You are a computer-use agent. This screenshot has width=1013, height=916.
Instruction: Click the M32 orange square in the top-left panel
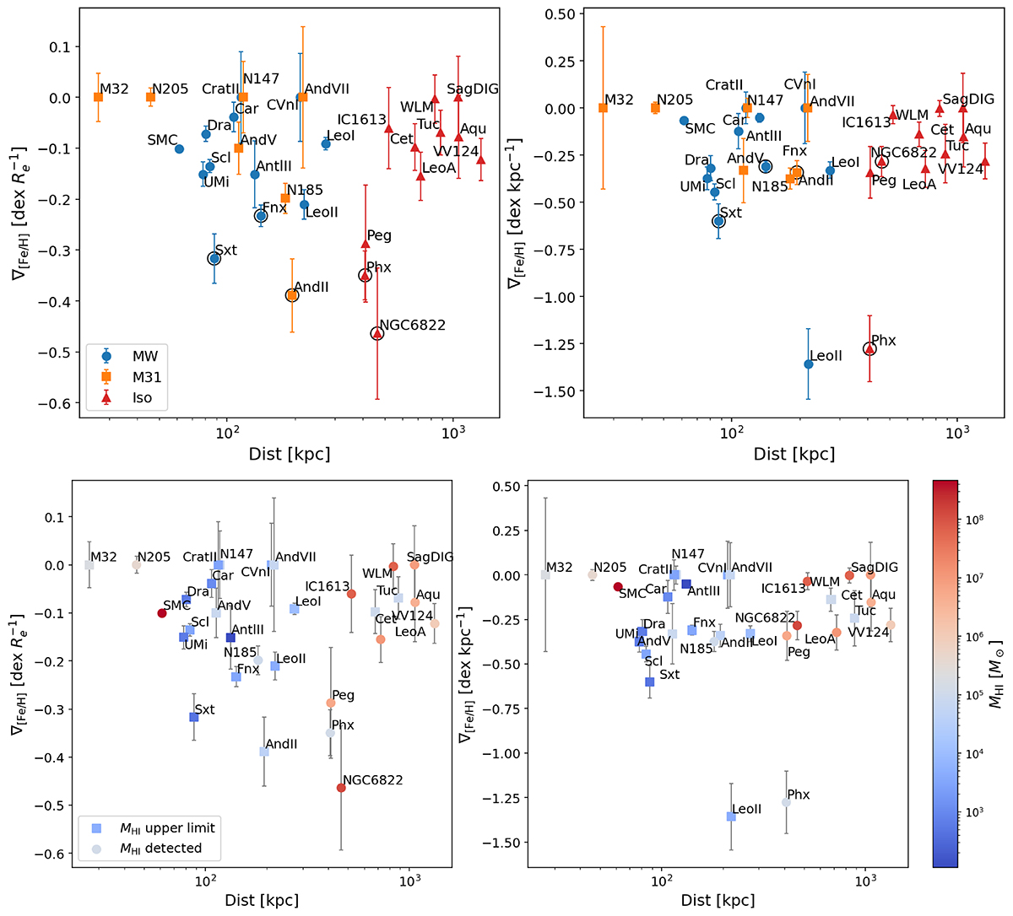98,97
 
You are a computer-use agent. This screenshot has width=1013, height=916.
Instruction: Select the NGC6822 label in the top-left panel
412,326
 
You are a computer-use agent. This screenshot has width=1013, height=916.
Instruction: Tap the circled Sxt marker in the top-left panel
214,258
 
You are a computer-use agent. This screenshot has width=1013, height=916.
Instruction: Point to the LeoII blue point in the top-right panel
808,364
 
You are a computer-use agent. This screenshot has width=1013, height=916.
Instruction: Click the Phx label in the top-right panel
884,341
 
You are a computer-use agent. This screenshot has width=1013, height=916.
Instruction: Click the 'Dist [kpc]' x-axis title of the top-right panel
794,454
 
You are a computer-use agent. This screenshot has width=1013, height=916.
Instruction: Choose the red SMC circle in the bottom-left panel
162,613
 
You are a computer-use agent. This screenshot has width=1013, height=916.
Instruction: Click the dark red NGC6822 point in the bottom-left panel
341,788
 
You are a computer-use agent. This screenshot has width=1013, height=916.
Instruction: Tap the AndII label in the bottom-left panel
282,744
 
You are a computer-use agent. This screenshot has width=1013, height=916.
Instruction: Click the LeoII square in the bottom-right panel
731,816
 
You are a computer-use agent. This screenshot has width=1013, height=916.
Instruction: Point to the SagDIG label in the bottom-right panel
875,568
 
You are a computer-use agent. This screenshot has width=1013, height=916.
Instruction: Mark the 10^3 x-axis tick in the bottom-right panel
865,885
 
